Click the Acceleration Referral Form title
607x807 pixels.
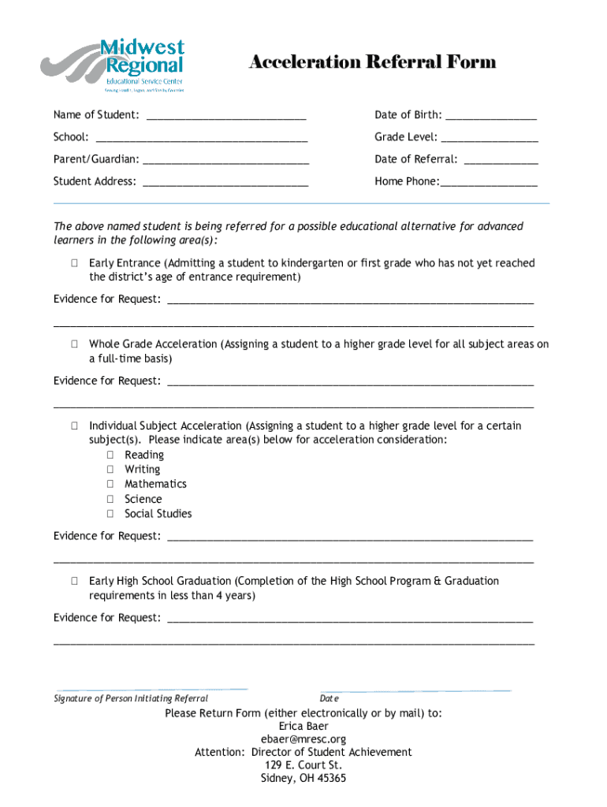coord(372,62)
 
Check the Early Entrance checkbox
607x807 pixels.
coord(73,263)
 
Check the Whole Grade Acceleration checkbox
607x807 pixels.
coord(73,344)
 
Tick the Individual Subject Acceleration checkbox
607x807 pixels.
coord(73,426)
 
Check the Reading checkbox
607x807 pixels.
coord(110,456)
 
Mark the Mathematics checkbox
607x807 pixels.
coord(110,485)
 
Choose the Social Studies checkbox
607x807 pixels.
coord(110,514)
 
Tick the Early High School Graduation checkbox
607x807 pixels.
coord(73,582)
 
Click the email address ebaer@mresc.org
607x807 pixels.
coord(303,739)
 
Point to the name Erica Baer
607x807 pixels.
coord(303,726)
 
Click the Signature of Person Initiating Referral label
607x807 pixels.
coord(131,699)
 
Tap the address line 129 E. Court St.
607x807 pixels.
coord(303,765)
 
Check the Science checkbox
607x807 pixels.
coord(110,500)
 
